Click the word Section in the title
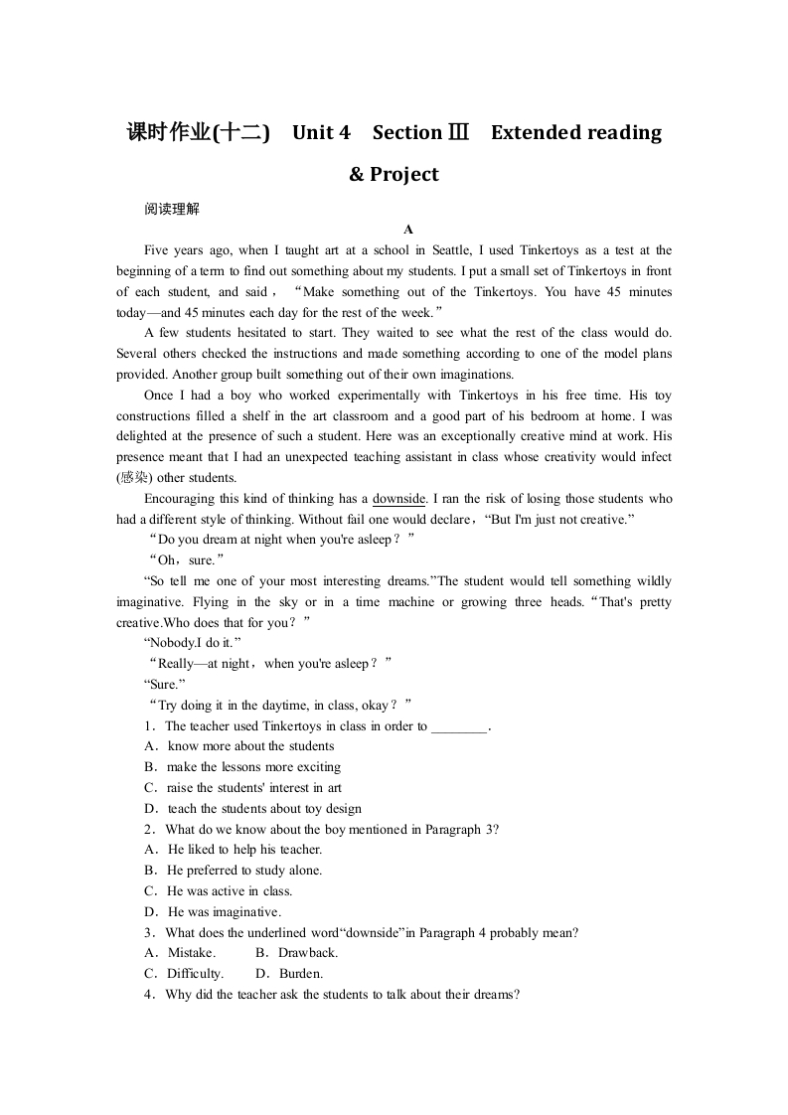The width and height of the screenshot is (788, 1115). click(406, 132)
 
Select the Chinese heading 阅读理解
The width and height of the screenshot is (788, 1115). click(172, 209)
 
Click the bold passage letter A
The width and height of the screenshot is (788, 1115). click(407, 230)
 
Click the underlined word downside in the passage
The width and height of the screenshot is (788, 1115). click(399, 499)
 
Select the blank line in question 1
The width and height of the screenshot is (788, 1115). click(460, 726)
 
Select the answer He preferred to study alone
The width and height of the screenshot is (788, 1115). click(244, 871)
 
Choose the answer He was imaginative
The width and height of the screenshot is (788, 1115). click(225, 912)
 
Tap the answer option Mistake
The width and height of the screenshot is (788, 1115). click(191, 953)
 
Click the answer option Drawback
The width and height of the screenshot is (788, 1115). click(308, 953)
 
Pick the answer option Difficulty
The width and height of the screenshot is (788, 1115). click(195, 974)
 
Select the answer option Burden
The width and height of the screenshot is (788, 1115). click(301, 974)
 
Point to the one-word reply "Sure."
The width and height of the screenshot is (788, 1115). click(164, 685)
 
